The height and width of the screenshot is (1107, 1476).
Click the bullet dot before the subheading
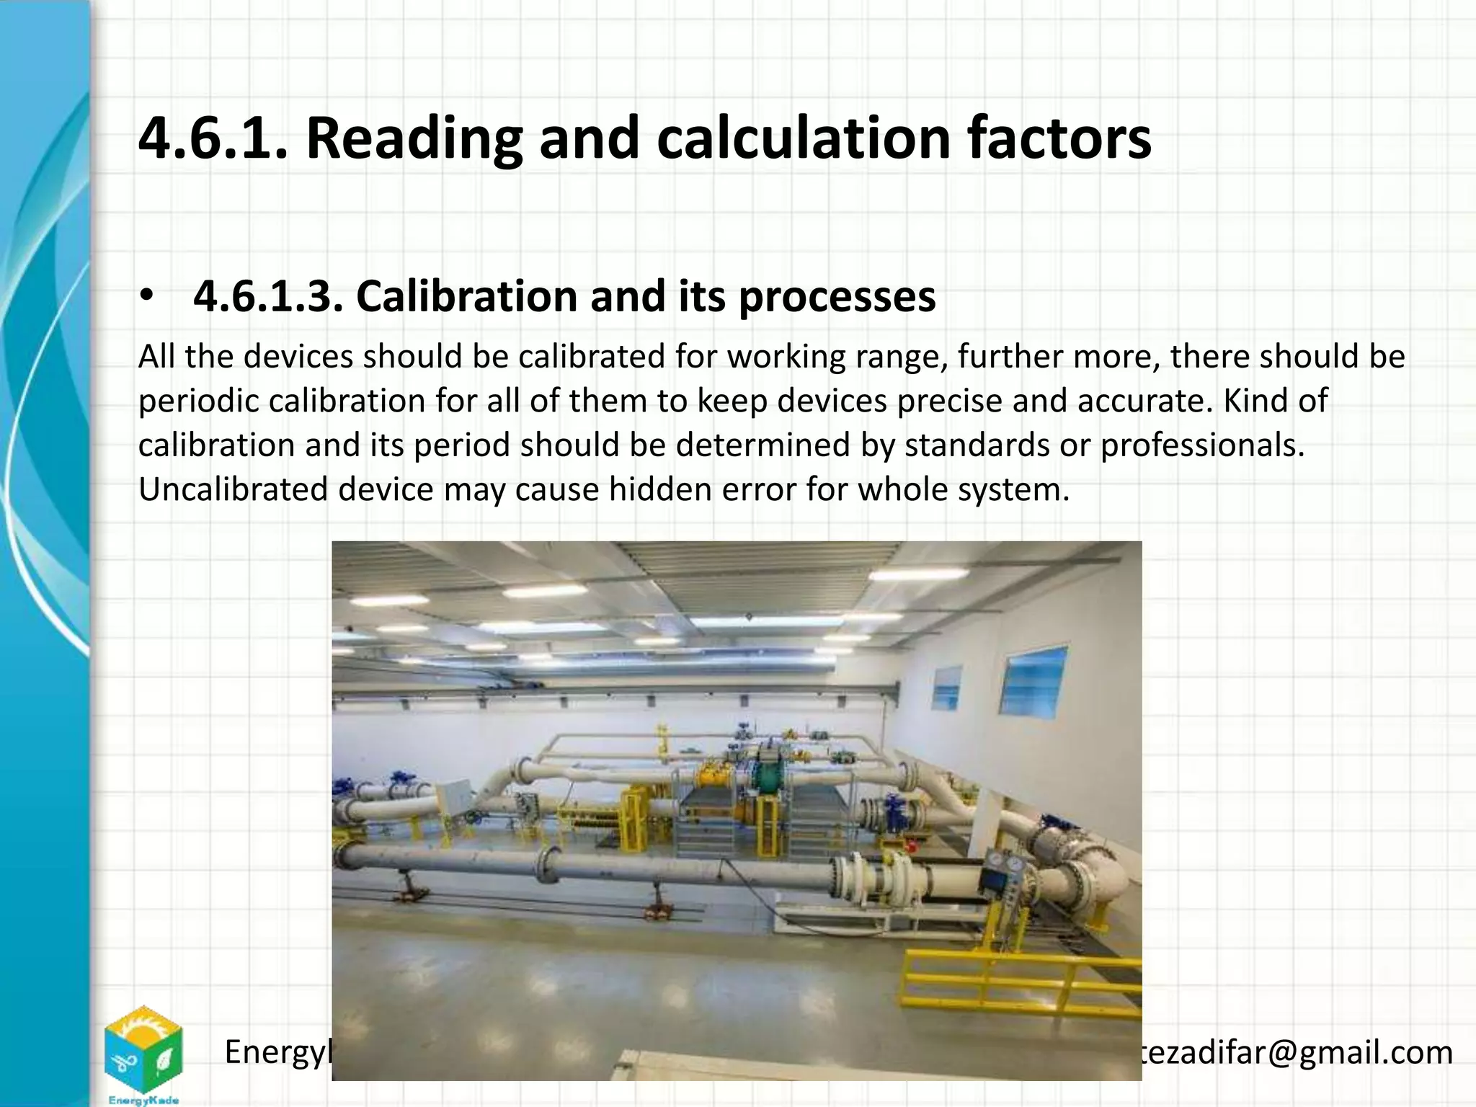coord(147,296)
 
